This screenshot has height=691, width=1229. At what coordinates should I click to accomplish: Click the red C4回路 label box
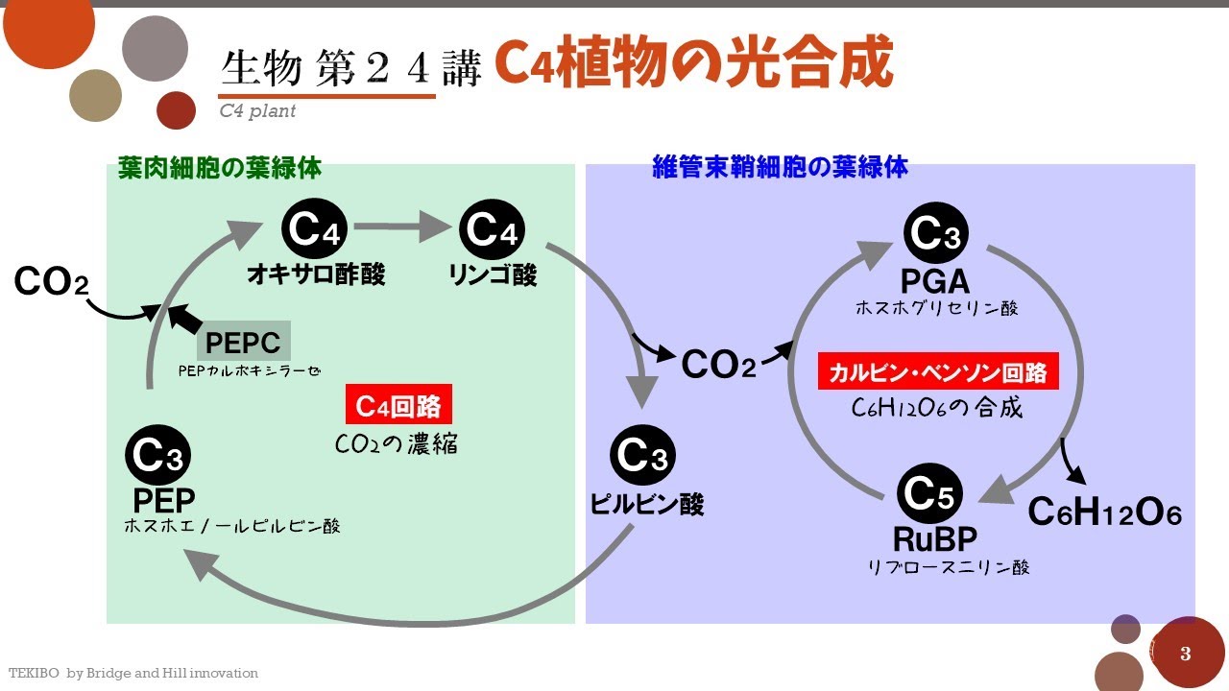coord(398,406)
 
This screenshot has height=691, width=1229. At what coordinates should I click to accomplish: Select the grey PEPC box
coord(243,343)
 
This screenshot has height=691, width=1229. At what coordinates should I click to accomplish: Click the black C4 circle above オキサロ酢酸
coord(315,230)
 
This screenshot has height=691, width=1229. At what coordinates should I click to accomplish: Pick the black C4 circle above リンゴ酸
coord(492,230)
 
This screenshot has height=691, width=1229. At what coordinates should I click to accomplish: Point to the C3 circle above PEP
coord(158,456)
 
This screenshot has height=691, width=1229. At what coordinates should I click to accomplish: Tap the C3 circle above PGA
coord(936,233)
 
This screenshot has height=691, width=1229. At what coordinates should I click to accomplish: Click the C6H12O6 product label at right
coord(1104,512)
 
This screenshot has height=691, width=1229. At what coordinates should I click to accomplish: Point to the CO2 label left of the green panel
coord(52,282)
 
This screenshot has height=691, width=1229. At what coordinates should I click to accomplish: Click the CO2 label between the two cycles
coord(718,365)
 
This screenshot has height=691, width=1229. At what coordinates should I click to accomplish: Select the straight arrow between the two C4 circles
coord(402,229)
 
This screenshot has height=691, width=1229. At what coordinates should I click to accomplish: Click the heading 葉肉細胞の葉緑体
coord(220,169)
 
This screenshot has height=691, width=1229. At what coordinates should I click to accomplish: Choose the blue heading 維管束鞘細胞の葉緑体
coord(780,168)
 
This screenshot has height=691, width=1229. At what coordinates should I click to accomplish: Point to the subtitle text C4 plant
coord(257,111)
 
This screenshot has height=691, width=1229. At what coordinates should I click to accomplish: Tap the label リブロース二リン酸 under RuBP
coord(948,567)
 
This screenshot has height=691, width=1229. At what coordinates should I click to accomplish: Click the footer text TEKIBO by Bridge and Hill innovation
coord(133,674)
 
